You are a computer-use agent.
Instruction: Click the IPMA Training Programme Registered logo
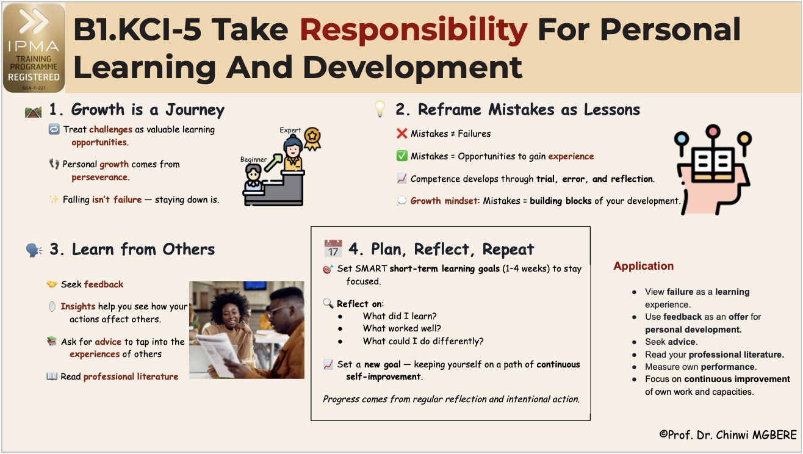pos(34,48)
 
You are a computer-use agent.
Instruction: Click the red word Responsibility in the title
pos(413,30)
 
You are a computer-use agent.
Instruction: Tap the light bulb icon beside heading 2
pos(380,109)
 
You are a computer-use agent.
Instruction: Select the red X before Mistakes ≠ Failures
pos(402,134)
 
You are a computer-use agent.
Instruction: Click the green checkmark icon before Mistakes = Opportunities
pos(402,156)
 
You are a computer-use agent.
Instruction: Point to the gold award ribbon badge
pos(312,139)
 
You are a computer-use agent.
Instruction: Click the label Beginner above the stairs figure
pos(253,159)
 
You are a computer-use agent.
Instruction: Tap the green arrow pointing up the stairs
pos(273,162)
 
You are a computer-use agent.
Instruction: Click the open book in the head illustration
pos(713,165)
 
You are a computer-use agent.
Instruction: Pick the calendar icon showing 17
pos(333,248)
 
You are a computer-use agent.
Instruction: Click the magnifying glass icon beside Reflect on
pos(328,303)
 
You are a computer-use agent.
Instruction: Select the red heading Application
pos(644,265)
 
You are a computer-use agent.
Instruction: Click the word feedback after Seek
pos(104,284)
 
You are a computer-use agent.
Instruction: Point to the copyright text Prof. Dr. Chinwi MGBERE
pos(728,434)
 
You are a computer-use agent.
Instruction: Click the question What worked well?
pos(402,328)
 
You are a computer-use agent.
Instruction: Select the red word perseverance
pos(99,177)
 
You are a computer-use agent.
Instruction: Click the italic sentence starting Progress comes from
pos(452,399)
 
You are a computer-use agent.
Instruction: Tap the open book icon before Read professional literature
pos(52,376)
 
